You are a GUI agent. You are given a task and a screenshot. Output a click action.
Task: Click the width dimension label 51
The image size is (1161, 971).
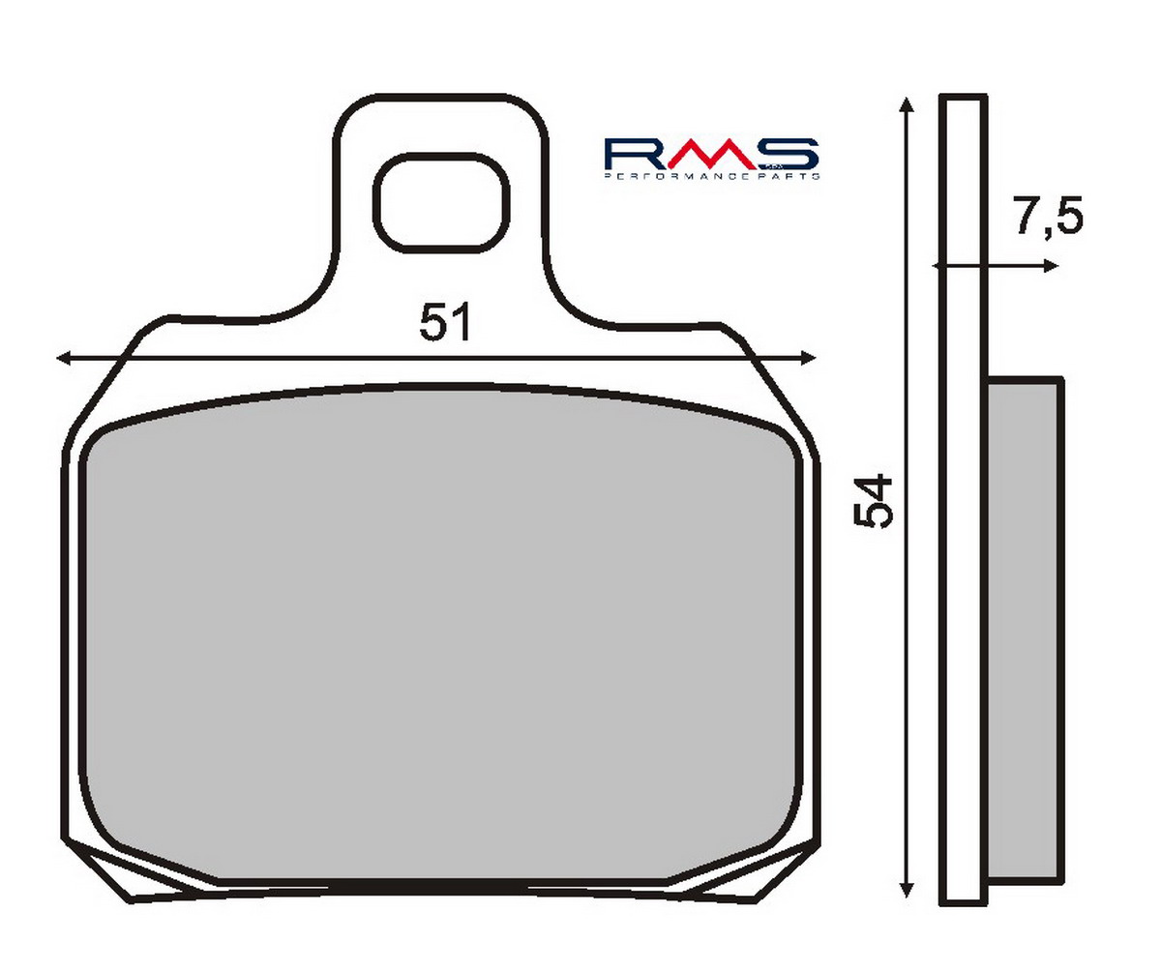click(445, 322)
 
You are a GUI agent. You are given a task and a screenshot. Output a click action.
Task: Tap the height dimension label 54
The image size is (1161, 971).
click(874, 501)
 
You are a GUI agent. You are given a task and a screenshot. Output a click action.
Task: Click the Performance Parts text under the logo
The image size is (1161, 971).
click(712, 177)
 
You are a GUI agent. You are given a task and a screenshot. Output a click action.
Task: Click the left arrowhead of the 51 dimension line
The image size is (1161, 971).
click(64, 359)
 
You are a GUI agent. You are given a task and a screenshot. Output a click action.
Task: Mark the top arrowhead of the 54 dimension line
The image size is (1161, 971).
click(906, 104)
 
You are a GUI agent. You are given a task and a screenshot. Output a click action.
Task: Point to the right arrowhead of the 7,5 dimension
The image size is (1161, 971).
click(1052, 266)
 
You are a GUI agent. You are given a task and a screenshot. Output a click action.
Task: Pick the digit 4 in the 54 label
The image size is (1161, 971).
click(874, 486)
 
